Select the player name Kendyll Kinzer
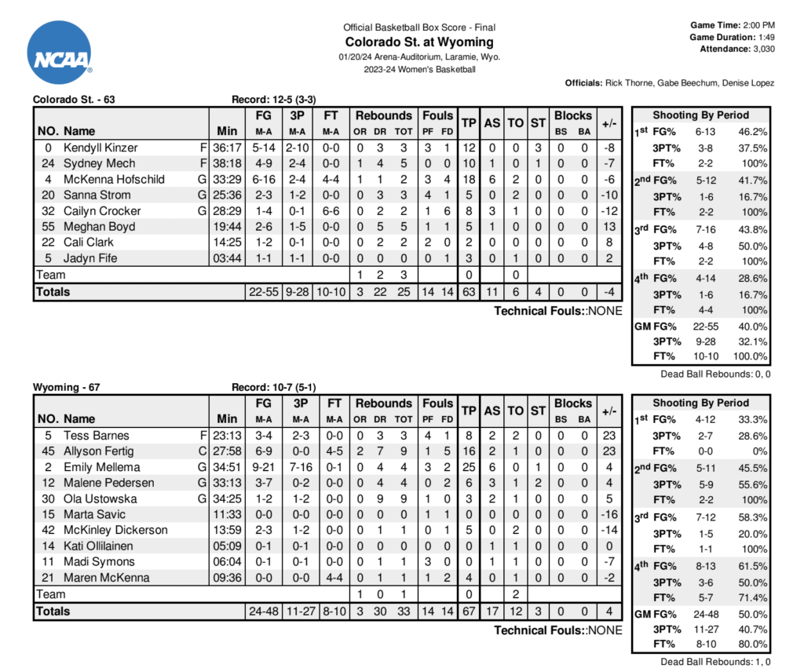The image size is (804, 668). [x=100, y=148]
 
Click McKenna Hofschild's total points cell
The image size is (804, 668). [x=470, y=179]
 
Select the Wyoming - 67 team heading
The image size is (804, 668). [x=67, y=387]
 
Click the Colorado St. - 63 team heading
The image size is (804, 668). [x=75, y=100]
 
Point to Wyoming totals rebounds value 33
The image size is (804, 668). [x=404, y=611]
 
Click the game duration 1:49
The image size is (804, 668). [x=766, y=37]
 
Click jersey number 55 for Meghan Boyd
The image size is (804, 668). [x=49, y=226]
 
